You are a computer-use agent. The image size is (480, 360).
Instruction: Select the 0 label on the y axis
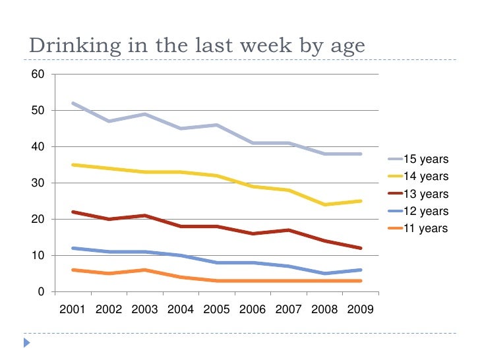tap(41, 291)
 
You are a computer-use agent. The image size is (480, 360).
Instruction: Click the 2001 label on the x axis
tap(73, 309)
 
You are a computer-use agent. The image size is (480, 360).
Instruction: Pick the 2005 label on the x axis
tap(216, 309)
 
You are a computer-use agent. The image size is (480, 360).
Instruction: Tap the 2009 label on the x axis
tap(360, 309)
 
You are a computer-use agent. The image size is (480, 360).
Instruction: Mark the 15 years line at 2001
tap(73, 103)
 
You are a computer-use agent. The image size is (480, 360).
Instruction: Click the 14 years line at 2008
tap(324, 204)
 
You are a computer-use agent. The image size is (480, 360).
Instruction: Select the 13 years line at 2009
tap(360, 248)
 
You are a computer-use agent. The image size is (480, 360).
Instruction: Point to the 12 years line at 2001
tap(73, 248)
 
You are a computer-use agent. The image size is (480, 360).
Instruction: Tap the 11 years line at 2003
tap(144, 270)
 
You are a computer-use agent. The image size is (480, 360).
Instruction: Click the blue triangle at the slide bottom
tap(27, 342)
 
